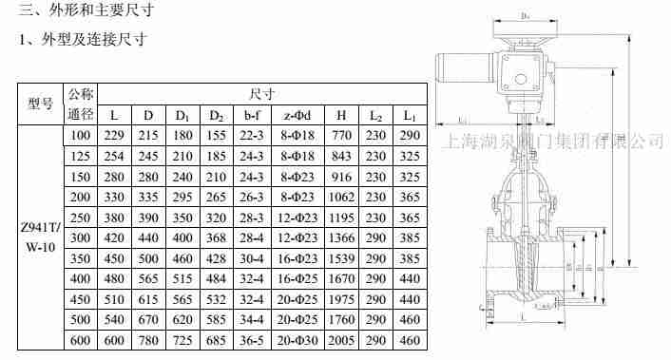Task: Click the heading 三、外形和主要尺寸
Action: (x=86, y=12)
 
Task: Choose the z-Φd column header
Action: (x=300, y=116)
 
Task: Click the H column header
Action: (x=341, y=116)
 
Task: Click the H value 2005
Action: (x=341, y=340)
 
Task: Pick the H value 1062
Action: (x=341, y=198)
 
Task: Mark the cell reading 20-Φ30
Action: (x=300, y=340)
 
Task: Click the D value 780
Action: (x=147, y=340)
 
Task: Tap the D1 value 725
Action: (x=182, y=340)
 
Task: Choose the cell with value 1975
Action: (x=341, y=299)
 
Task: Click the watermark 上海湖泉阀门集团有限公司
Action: (x=553, y=142)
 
